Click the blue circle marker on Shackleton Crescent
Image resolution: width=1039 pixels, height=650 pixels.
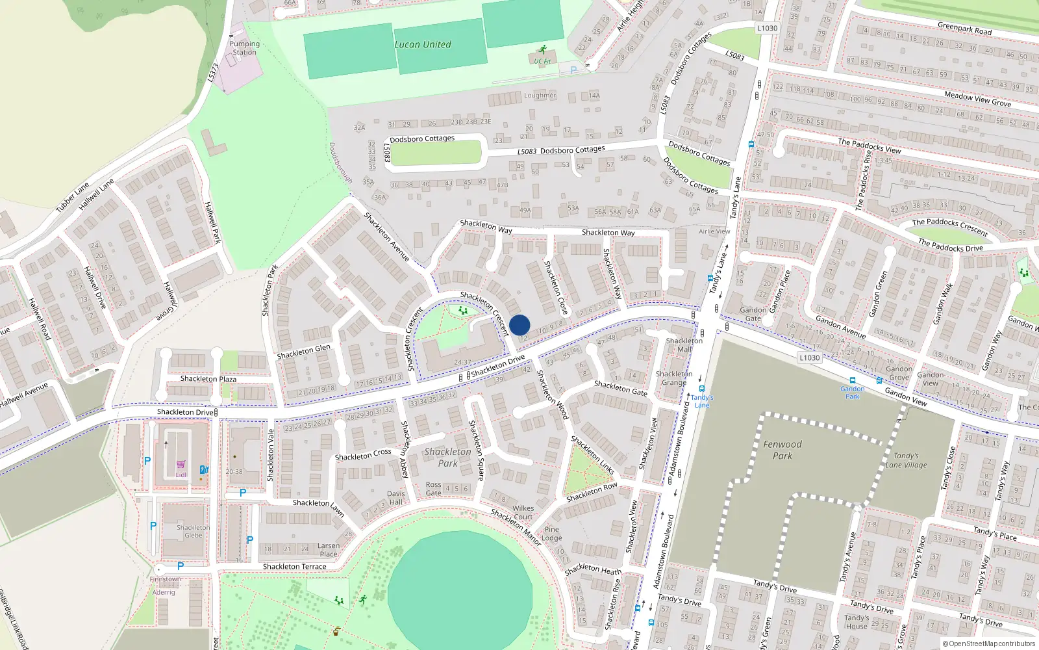pos(519,325)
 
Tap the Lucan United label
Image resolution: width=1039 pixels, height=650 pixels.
pos(423,45)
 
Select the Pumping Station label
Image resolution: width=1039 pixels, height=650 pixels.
pos(244,48)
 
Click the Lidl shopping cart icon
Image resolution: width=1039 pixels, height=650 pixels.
pos(181,465)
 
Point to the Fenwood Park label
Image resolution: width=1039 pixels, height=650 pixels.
pos(782,450)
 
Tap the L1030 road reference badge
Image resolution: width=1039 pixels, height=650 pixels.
pos(809,357)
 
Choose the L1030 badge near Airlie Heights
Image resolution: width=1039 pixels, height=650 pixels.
pos(767,28)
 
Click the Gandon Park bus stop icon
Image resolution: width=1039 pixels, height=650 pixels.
pos(853,381)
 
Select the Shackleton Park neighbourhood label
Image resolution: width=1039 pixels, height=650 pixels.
pos(447,457)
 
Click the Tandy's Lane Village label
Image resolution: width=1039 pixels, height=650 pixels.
pos(906,460)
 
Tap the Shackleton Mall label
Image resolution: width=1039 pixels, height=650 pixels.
pos(684,344)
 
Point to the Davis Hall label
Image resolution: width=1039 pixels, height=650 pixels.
pos(395,498)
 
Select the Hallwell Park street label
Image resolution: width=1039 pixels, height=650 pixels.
pos(213,222)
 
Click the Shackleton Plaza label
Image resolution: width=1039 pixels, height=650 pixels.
pos(208,378)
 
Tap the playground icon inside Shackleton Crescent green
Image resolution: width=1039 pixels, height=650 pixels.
pos(463,311)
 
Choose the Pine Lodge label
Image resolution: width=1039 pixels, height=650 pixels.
pos(553,533)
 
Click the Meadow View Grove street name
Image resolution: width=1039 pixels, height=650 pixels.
pos(977,99)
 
